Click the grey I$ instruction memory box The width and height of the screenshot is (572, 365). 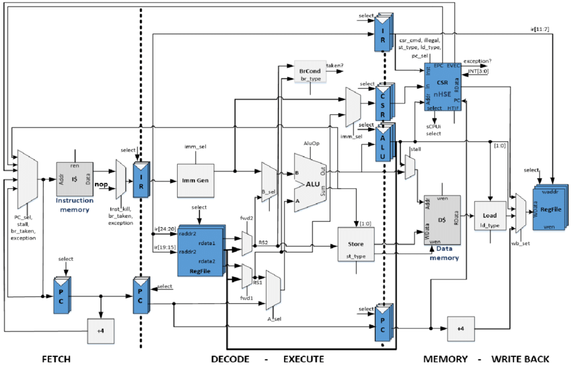[73, 179]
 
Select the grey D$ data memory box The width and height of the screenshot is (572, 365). [441, 220]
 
